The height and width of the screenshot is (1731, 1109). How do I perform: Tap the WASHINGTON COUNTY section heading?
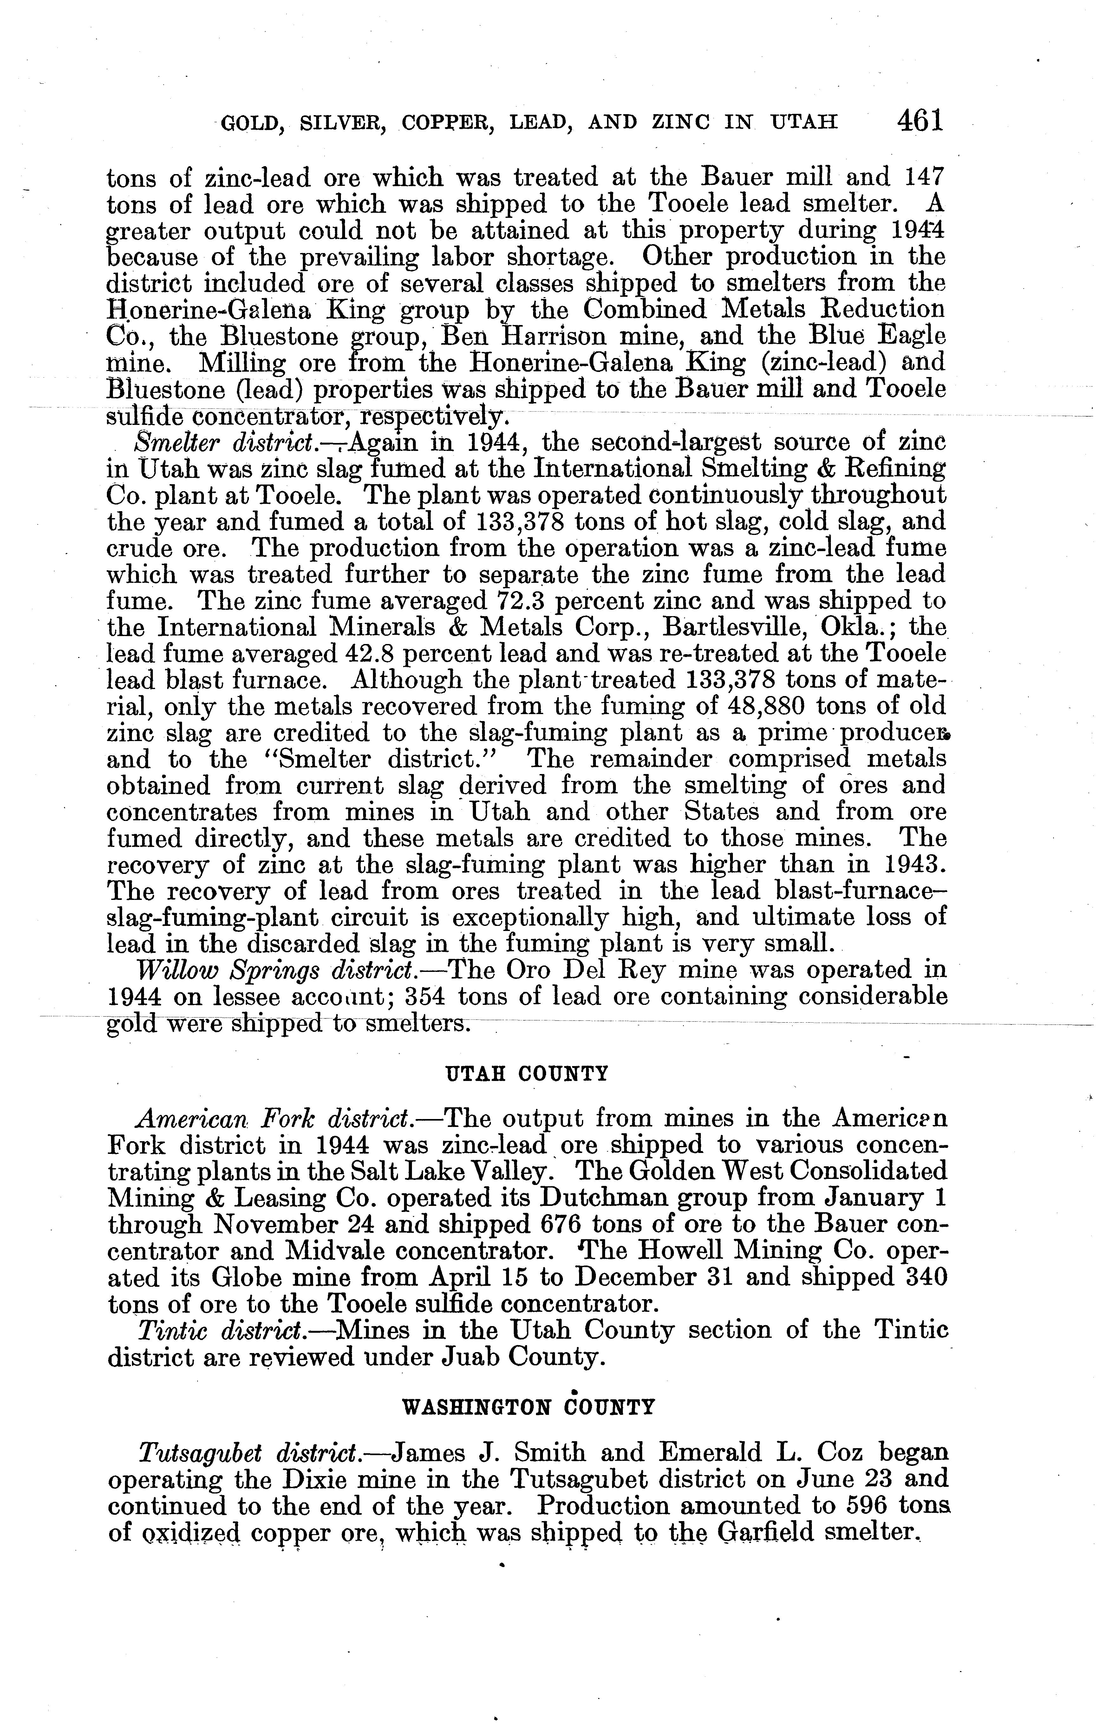point(527,1406)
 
